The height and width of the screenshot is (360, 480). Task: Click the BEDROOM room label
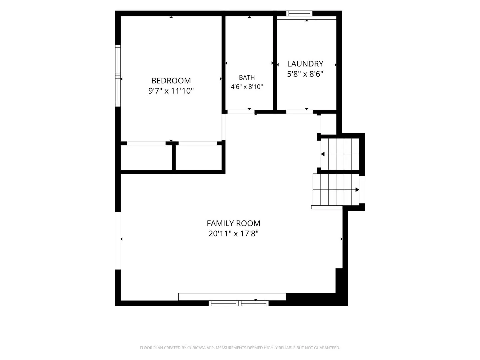click(x=171, y=81)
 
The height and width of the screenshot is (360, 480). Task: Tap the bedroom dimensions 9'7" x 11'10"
click(x=171, y=91)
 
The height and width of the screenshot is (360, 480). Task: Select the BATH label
click(x=247, y=77)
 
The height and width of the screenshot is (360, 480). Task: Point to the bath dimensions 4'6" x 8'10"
click(x=247, y=87)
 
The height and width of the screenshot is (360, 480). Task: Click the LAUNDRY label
click(x=305, y=64)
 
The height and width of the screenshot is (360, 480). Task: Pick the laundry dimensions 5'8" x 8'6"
click(x=305, y=74)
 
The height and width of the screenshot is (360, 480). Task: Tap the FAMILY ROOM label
click(x=233, y=223)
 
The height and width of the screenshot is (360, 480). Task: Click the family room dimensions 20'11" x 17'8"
click(x=233, y=234)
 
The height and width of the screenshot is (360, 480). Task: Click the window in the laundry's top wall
click(x=299, y=13)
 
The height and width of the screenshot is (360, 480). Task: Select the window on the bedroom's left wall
click(x=118, y=76)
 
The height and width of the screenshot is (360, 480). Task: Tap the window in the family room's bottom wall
click(x=238, y=303)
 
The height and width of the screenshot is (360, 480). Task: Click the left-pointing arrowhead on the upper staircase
click(x=323, y=154)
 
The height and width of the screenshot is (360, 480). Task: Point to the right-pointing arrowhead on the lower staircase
click(x=357, y=190)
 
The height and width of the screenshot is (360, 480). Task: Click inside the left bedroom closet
click(x=146, y=158)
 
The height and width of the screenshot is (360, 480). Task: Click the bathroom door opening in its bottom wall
click(x=241, y=112)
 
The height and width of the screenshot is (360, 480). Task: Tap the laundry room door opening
click(x=299, y=112)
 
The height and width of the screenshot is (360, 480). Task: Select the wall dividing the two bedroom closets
click(x=174, y=157)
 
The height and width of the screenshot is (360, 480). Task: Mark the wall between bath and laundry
click(x=275, y=63)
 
